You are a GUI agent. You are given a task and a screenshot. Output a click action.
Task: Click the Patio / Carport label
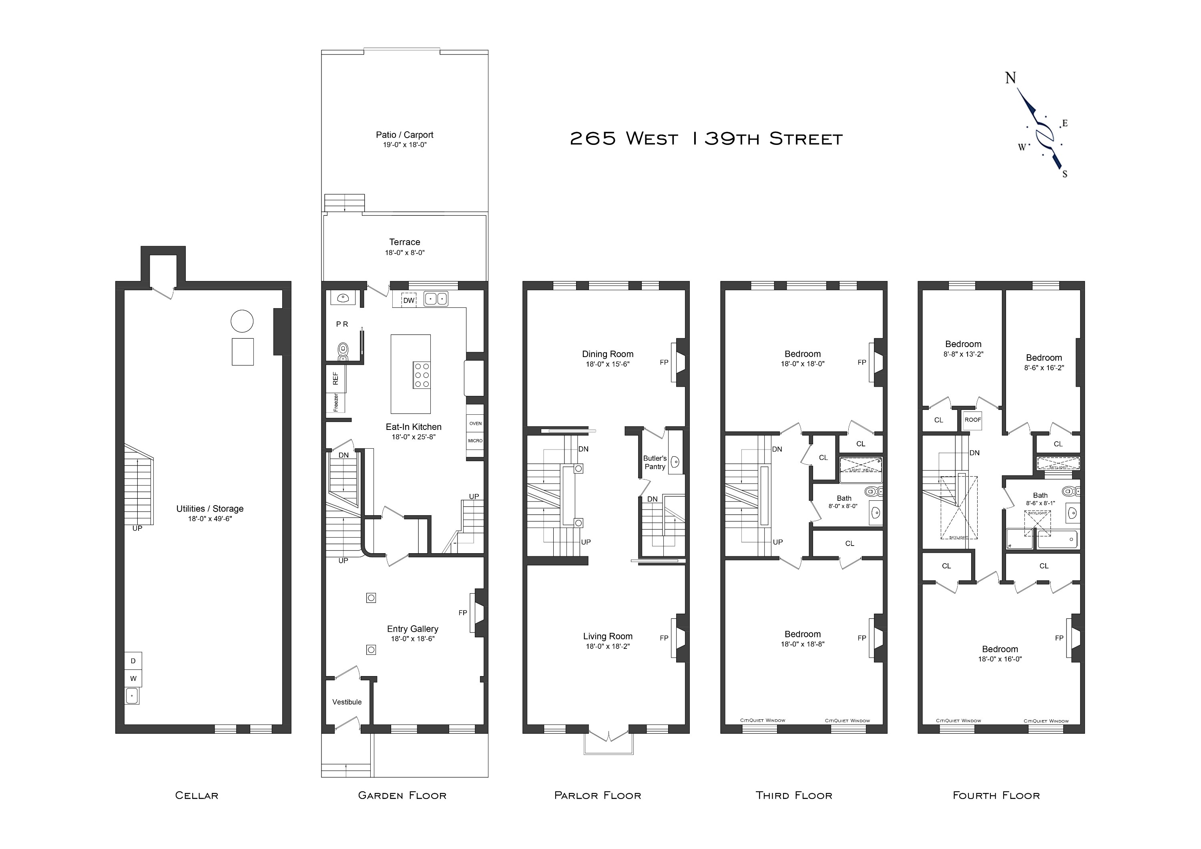point(404,135)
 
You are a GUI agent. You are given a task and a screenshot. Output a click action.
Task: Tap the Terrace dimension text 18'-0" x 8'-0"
point(404,253)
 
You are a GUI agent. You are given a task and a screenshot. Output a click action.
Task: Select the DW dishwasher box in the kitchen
point(408,300)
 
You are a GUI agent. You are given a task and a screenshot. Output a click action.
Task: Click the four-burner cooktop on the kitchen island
point(422,375)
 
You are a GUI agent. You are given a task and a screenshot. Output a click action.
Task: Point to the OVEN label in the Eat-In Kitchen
point(475,423)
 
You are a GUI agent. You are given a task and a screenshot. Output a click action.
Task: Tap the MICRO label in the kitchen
point(475,440)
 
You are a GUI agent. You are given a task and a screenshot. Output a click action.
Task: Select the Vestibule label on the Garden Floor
point(347,702)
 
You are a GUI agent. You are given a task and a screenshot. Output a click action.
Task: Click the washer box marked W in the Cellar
point(133,678)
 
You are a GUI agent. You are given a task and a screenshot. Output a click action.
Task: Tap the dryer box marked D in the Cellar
point(133,661)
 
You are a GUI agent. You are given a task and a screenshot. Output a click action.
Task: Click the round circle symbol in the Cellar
point(242,321)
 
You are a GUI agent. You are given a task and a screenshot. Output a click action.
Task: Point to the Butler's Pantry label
point(655,462)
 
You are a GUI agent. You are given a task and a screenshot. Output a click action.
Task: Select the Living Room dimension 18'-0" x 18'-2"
point(607,646)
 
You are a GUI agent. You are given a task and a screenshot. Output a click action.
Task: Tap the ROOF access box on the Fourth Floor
point(972,420)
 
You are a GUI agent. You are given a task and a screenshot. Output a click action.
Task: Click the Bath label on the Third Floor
point(844,498)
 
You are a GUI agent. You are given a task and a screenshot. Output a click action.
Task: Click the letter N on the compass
point(1010,78)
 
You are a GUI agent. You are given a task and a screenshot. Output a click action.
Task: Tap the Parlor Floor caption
point(597,796)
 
